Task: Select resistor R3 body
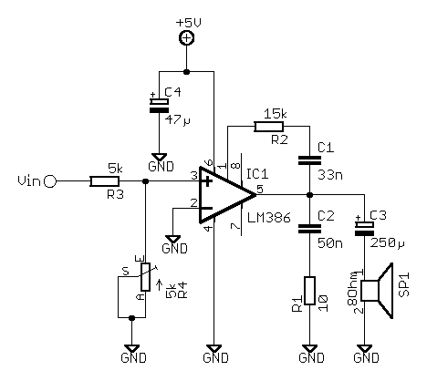[104, 181]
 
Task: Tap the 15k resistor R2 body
[269, 127]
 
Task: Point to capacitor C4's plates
[159, 106]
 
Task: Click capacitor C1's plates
[309, 160]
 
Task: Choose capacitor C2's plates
[309, 229]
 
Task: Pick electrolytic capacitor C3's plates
[364, 229]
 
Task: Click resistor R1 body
[309, 291]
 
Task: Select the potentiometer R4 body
[145, 277]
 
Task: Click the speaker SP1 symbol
[377, 291]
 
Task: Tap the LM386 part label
[269, 218]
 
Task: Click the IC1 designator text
[257, 174]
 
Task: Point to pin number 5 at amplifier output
[260, 189]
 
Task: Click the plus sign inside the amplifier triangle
[207, 181]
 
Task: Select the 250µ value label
[388, 242]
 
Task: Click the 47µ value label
[178, 120]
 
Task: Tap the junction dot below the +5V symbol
[187, 72]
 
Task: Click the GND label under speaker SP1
[366, 358]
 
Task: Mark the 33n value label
[330, 175]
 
